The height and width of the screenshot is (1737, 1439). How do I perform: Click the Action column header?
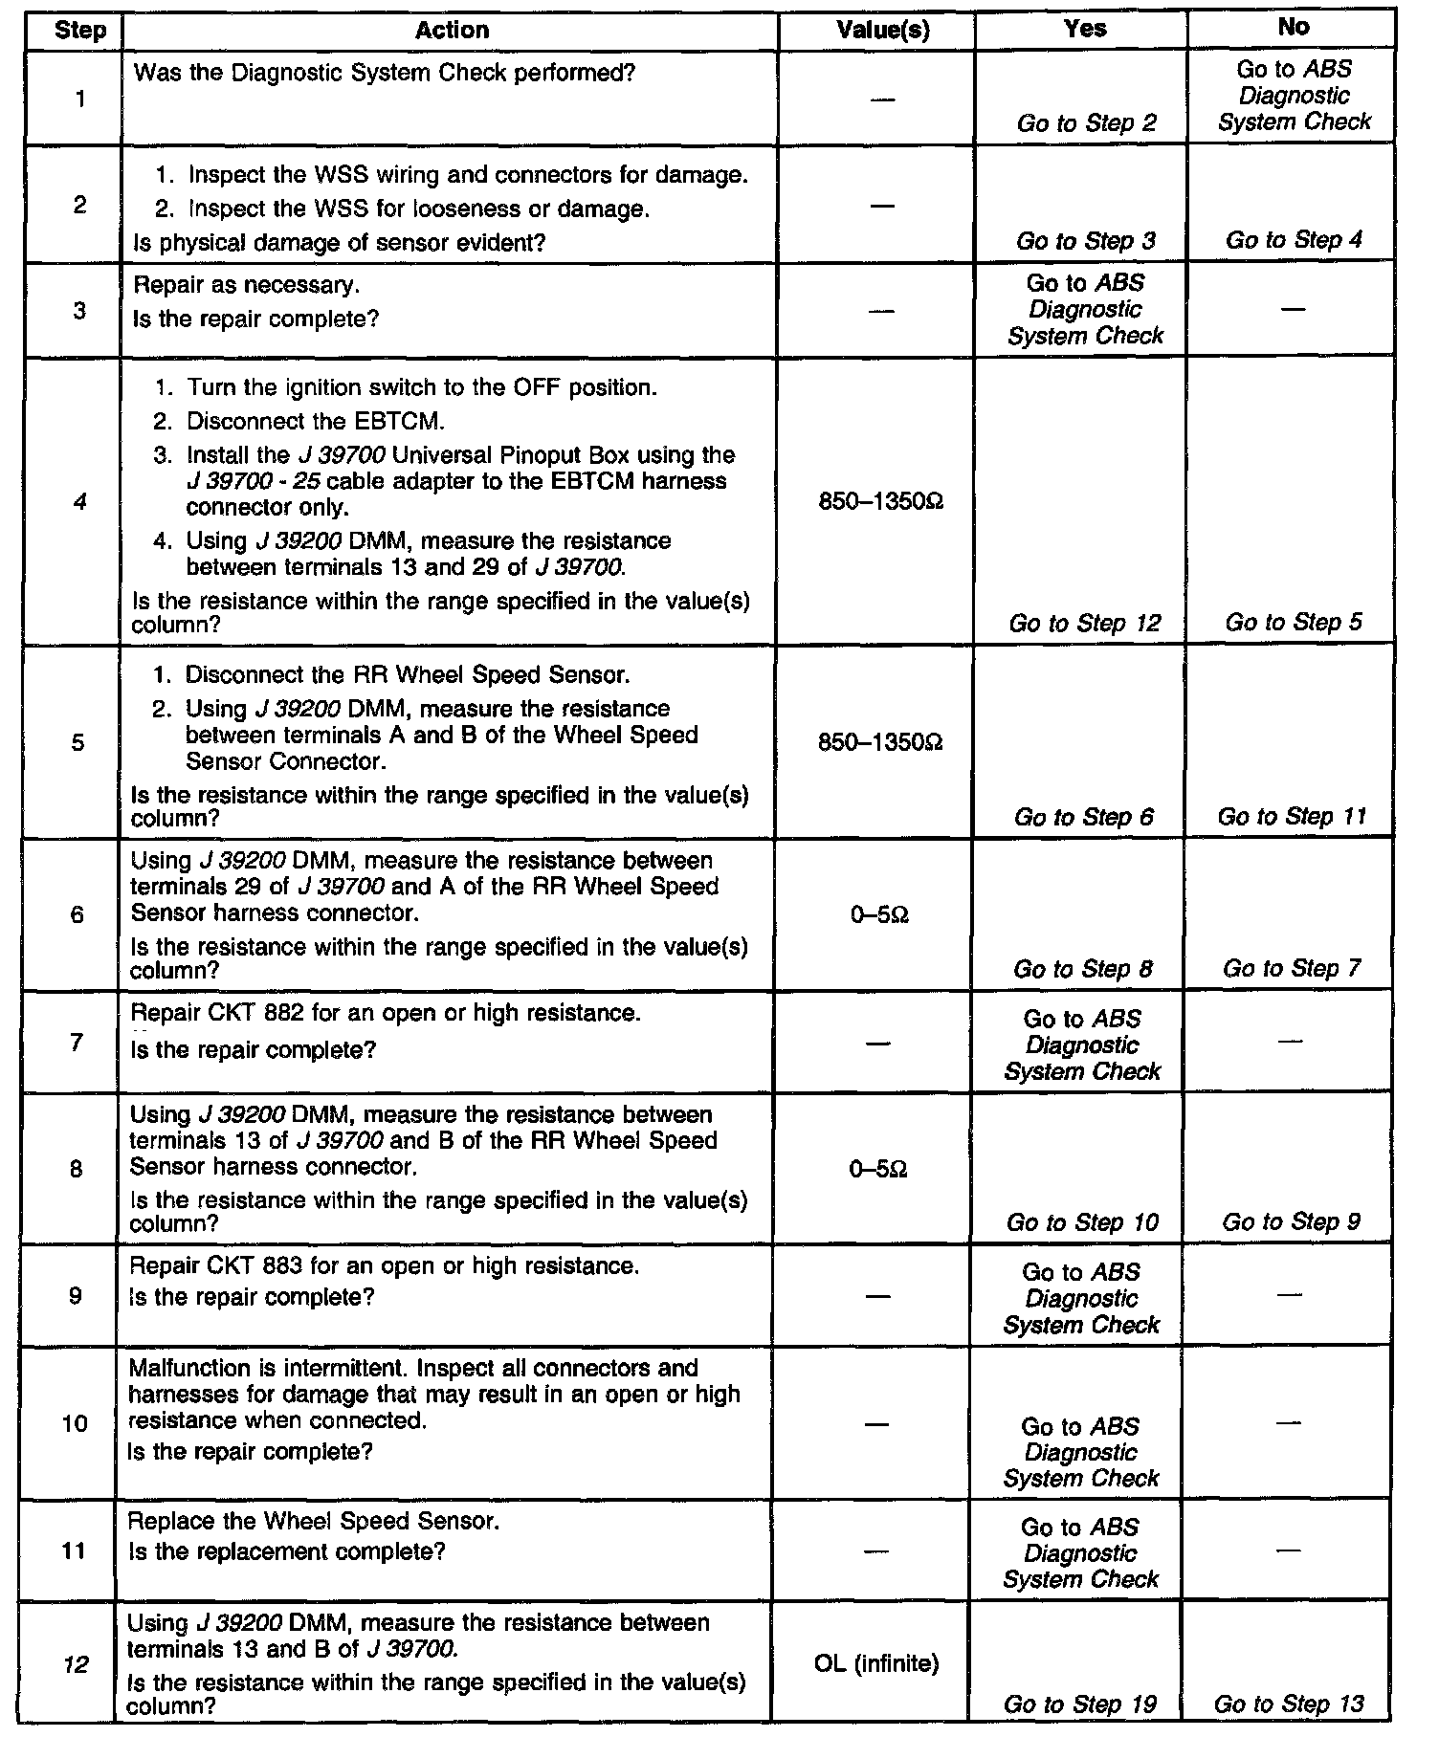[452, 31]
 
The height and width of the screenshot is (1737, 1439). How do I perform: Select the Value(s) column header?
[882, 31]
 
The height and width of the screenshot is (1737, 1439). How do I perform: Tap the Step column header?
[79, 31]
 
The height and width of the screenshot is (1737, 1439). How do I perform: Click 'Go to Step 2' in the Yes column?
[1086, 123]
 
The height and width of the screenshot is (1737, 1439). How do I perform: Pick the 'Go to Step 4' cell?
[1294, 240]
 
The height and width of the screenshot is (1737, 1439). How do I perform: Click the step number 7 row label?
[77, 1042]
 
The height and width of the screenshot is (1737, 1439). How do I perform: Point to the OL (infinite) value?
[876, 1663]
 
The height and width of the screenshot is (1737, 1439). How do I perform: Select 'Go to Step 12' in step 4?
[1084, 624]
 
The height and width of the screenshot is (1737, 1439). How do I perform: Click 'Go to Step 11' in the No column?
[1292, 817]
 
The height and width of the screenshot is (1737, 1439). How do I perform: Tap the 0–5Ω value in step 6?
[878, 915]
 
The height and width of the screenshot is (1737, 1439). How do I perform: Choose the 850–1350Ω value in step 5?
[880, 742]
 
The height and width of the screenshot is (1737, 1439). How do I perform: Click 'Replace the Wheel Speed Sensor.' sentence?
[314, 1521]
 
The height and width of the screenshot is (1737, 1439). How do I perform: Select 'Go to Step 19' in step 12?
[1080, 1704]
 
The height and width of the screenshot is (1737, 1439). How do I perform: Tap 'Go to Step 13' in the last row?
[1289, 1704]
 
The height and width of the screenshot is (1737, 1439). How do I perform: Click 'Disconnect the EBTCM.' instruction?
[316, 422]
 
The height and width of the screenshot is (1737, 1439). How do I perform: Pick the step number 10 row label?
[75, 1423]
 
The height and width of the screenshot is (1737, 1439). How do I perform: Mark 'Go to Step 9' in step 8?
[1291, 1222]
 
